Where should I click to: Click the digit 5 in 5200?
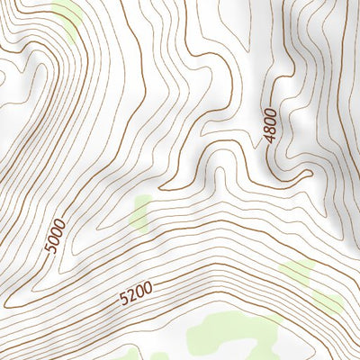pyautogui.click(x=123, y=298)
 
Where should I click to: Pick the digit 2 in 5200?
pyautogui.click(x=131, y=294)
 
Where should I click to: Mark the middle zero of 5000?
pyautogui.click(x=58, y=231)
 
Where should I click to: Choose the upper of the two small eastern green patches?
pyautogui.click(x=295, y=270)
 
